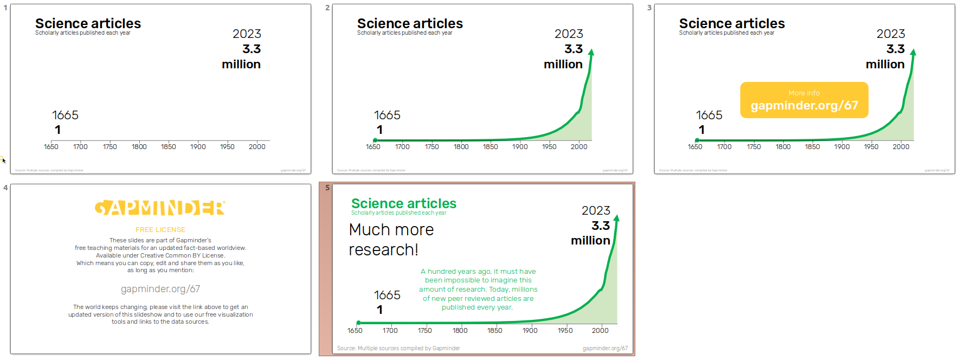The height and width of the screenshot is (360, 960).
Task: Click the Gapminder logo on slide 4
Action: [160, 208]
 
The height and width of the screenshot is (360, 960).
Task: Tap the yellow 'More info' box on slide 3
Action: [804, 100]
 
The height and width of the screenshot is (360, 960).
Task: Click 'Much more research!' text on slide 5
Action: [391, 240]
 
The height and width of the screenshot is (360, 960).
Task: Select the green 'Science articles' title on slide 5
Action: [404, 203]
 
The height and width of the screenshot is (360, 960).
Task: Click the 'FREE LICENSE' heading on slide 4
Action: [160, 230]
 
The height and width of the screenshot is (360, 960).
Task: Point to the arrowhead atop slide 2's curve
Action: [591, 52]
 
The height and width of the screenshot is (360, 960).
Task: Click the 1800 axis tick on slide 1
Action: [139, 147]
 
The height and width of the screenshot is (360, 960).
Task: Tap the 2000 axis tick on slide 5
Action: [600, 330]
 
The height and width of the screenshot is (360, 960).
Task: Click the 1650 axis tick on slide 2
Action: [373, 147]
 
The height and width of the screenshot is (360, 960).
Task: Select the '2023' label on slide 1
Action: [247, 34]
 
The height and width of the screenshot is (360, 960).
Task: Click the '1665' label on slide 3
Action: [709, 115]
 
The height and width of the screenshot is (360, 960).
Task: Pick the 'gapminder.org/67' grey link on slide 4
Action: [160, 289]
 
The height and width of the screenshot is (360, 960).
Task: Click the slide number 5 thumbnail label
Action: [327, 188]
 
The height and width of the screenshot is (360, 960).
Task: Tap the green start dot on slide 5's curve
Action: [358, 323]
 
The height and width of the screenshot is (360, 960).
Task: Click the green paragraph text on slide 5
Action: [478, 290]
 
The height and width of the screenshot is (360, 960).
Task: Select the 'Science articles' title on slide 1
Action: [88, 23]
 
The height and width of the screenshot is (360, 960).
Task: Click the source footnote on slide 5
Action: [398, 348]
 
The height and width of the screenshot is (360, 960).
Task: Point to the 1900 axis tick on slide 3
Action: [842, 147]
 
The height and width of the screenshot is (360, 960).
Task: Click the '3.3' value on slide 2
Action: [574, 49]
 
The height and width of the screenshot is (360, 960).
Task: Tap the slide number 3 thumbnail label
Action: [649, 8]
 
